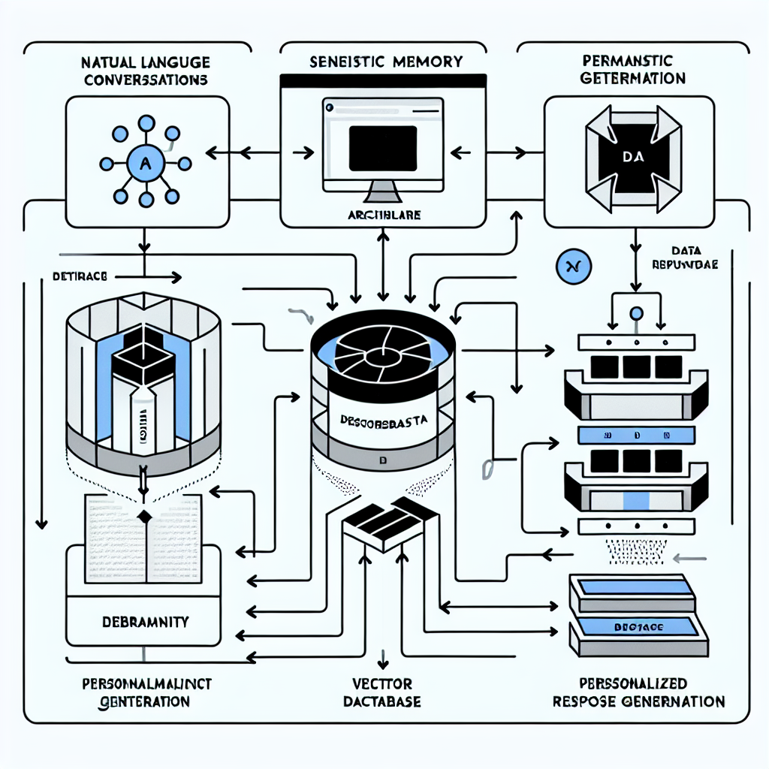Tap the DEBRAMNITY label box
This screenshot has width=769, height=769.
tap(145, 622)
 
